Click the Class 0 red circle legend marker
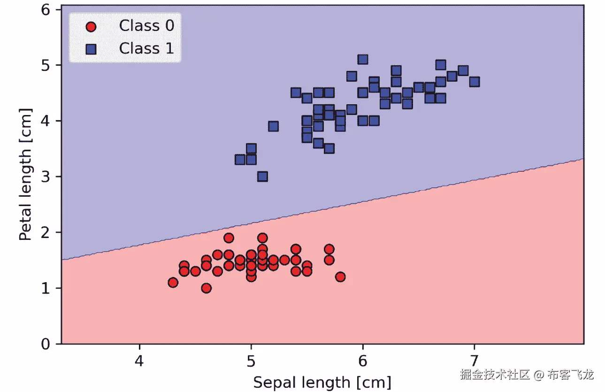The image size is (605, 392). click(91, 26)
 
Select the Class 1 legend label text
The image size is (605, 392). click(146, 48)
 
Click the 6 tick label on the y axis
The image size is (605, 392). click(46, 9)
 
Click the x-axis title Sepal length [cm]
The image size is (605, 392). click(322, 382)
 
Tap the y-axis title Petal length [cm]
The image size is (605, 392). click(25, 174)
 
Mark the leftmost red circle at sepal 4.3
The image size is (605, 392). click(173, 282)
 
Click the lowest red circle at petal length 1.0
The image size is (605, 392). click(207, 288)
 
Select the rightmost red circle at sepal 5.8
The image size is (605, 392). click(340, 277)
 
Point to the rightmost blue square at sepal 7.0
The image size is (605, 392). click(474, 82)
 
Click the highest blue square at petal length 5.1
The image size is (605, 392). click(363, 59)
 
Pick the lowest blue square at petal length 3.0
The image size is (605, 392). click(262, 177)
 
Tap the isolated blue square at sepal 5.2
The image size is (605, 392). click(274, 126)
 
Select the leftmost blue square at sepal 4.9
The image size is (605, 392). click(240, 160)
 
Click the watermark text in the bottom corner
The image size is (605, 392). click(527, 374)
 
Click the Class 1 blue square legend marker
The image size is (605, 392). click(91, 48)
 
